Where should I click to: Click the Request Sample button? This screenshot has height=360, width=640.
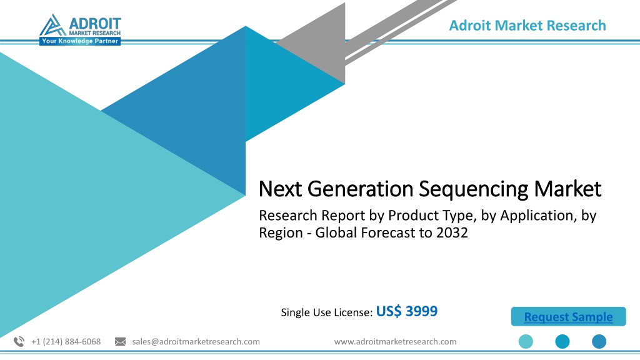point(568,316)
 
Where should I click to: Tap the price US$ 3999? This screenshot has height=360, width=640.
point(406,311)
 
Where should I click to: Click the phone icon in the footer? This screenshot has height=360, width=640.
point(19,342)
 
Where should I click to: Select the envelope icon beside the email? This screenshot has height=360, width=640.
point(121,342)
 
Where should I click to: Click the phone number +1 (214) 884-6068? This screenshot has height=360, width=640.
point(66,342)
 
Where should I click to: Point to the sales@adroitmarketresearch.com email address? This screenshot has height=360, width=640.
point(196,342)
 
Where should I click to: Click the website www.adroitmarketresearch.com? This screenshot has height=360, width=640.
point(395,342)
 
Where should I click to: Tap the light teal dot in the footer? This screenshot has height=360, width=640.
point(526,342)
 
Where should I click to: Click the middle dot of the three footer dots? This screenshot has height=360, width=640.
point(562,342)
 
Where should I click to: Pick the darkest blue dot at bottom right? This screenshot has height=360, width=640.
point(599,342)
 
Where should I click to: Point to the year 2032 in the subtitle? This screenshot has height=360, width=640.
point(452,232)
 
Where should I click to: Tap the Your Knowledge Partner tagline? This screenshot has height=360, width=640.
point(80,41)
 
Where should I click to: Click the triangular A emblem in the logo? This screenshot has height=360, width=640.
point(52,26)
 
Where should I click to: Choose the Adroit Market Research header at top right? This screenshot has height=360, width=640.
point(527,25)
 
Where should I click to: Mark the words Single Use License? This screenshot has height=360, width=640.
point(326,312)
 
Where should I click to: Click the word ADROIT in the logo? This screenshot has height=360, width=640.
point(95,24)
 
